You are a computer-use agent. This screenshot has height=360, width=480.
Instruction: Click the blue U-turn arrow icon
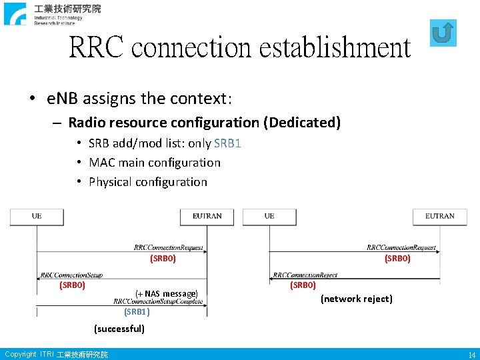444,33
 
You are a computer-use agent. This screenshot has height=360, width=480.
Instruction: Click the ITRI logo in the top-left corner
53,13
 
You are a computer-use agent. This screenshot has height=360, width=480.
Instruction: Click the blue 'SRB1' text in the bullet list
228,143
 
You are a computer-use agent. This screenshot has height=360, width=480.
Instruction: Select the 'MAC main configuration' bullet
154,163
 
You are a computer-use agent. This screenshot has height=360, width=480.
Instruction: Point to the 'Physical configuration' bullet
147,182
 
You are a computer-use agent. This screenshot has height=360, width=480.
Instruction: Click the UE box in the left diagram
37,216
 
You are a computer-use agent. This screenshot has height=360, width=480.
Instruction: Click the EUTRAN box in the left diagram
207,216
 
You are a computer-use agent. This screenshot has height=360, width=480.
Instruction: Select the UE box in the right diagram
269,216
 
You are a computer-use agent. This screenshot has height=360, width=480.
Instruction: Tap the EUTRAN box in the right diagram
439,216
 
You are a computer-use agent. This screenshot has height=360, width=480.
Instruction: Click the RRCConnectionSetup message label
71,274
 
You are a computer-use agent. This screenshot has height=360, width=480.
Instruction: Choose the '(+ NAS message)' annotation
167,293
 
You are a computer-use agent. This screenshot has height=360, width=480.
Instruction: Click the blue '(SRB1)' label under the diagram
137,311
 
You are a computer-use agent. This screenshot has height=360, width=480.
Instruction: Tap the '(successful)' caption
119,329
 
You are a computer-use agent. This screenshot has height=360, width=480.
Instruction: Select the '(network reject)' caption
357,299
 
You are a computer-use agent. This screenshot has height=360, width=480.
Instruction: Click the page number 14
471,355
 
